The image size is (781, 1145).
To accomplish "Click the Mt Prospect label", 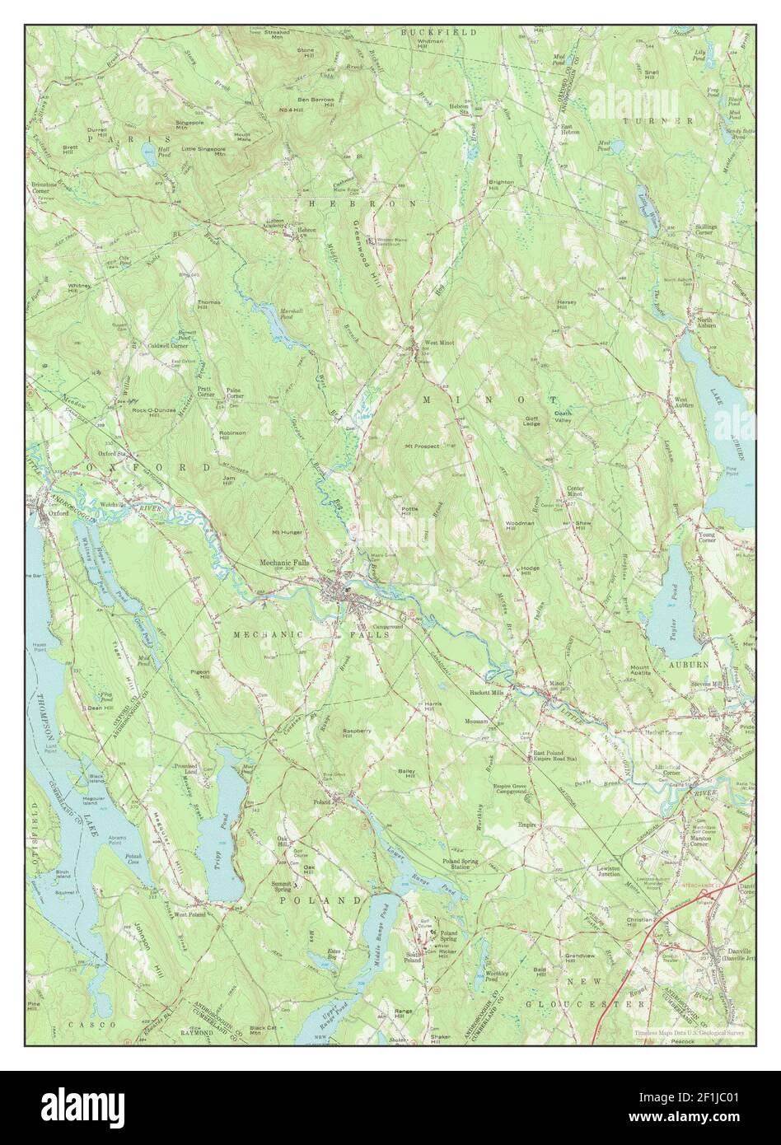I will (420, 446).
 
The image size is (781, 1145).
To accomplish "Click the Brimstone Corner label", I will (47, 188).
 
